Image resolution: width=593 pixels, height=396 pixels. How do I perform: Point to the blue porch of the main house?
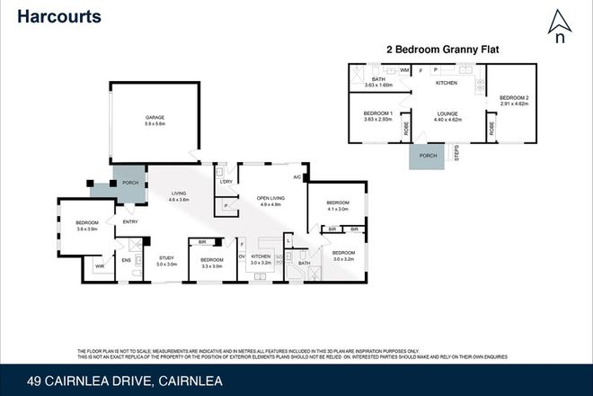(129, 179)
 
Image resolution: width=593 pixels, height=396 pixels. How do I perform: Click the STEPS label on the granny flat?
(456, 155)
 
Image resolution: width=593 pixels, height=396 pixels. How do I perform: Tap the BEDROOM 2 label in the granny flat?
(515, 99)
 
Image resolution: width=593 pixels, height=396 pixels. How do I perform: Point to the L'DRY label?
(226, 184)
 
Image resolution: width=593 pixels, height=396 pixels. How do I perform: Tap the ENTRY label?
(130, 222)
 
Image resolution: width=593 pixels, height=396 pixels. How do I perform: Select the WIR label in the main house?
(99, 265)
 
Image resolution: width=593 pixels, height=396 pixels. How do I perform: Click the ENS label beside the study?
(126, 261)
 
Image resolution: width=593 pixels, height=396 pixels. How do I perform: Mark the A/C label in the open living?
(296, 177)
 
